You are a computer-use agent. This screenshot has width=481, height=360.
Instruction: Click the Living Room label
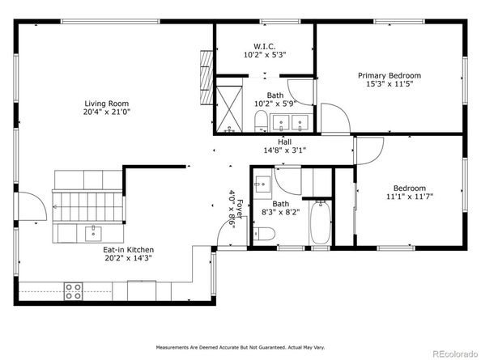click(x=107, y=104)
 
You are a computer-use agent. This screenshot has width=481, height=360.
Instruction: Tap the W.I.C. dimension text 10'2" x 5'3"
click(x=265, y=55)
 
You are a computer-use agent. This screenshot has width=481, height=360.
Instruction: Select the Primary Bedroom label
click(x=389, y=76)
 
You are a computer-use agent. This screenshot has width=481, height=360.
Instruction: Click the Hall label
click(x=285, y=142)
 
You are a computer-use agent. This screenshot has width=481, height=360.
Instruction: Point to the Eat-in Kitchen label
click(x=128, y=250)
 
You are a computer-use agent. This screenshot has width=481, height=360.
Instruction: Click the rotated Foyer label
click(x=240, y=210)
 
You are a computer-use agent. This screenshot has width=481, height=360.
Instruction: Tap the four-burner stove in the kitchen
click(x=74, y=291)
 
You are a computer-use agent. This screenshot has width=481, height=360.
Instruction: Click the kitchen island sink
click(x=93, y=234)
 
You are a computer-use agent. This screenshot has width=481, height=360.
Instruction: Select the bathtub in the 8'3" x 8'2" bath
click(x=321, y=222)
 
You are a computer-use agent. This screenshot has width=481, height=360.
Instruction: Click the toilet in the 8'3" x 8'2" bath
click(x=264, y=234)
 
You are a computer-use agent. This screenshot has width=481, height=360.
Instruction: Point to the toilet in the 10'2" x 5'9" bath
click(x=261, y=121)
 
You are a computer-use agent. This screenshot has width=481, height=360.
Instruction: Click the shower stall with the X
click(x=229, y=109)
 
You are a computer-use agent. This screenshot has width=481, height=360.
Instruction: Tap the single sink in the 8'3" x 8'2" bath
click(x=262, y=184)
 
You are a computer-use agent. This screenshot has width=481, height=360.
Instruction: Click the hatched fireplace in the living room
click(x=206, y=78)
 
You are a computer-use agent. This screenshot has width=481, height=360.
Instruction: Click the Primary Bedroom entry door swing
click(x=335, y=119)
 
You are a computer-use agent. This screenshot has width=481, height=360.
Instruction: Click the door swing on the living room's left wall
click(x=32, y=206)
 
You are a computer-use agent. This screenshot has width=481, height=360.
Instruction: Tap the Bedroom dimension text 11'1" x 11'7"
click(x=410, y=197)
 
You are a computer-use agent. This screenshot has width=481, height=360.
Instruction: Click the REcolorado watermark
click(x=455, y=354)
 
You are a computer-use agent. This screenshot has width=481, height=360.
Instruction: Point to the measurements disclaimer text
click(x=240, y=347)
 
